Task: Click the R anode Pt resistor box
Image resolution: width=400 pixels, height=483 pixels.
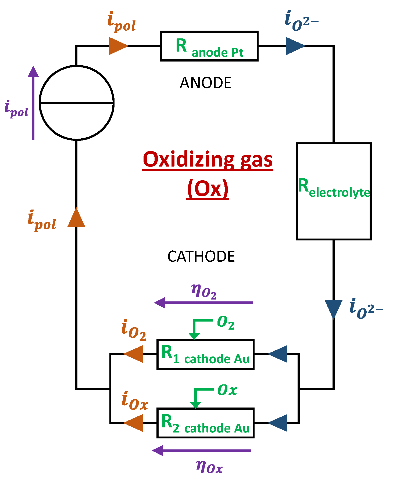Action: (x=209, y=46)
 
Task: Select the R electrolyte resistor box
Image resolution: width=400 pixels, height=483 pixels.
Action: (x=333, y=191)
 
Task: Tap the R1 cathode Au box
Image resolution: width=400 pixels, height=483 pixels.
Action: (x=205, y=354)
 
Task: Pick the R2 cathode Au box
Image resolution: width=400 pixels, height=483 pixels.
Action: (x=205, y=423)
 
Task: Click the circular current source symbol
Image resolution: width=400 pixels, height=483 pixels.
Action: (x=77, y=103)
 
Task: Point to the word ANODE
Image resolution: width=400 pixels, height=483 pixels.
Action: (x=205, y=83)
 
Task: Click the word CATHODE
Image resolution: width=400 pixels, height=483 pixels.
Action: (x=201, y=256)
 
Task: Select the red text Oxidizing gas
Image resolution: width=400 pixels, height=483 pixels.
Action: (x=208, y=159)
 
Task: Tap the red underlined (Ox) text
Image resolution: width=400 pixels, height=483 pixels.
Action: (x=208, y=188)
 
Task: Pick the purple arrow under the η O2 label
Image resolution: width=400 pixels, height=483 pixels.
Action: (x=203, y=303)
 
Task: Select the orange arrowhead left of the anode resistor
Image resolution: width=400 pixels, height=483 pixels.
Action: (x=118, y=46)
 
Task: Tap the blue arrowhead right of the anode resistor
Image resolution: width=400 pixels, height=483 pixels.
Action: (x=295, y=46)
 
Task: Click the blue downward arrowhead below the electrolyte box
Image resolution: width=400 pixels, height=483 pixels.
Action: (x=333, y=308)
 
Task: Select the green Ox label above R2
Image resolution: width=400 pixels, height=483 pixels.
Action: (x=227, y=390)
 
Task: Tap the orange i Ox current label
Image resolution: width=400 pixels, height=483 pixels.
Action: (x=134, y=401)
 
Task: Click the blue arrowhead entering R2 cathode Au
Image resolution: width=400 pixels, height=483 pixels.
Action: (x=279, y=423)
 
